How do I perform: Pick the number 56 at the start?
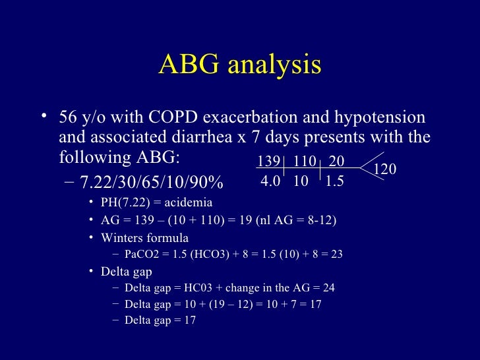(69, 119)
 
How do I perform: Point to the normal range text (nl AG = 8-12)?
(297, 220)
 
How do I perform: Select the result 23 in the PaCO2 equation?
(336, 255)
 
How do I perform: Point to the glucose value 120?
(384, 170)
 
